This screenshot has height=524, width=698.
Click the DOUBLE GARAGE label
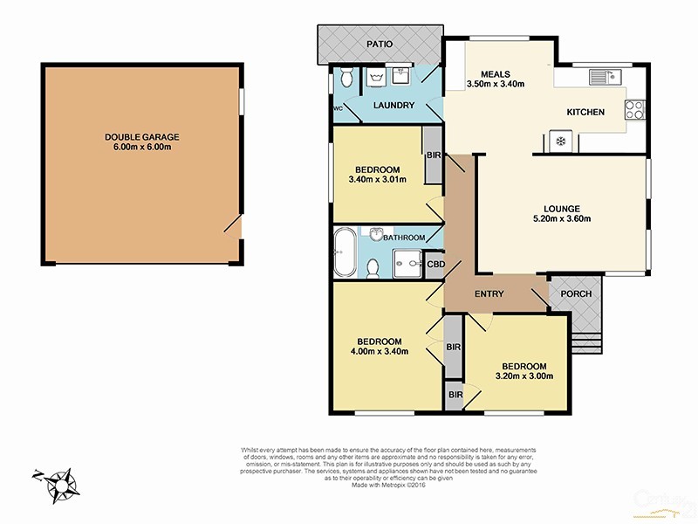coord(140,137)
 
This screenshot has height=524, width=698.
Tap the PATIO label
coord(379,44)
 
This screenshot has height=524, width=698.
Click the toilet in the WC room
coord(347,79)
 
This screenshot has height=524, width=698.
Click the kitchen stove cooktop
coord(633,111)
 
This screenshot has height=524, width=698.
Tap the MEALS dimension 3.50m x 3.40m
coord(494,85)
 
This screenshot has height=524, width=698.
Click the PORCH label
coord(576,293)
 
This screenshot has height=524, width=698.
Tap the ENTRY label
coord(489,294)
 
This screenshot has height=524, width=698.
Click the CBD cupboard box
coord(435,264)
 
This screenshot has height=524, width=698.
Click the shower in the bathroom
coord(406,260)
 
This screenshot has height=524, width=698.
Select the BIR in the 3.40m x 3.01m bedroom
coord(433,155)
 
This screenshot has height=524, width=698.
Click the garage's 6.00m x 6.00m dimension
coord(140,148)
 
